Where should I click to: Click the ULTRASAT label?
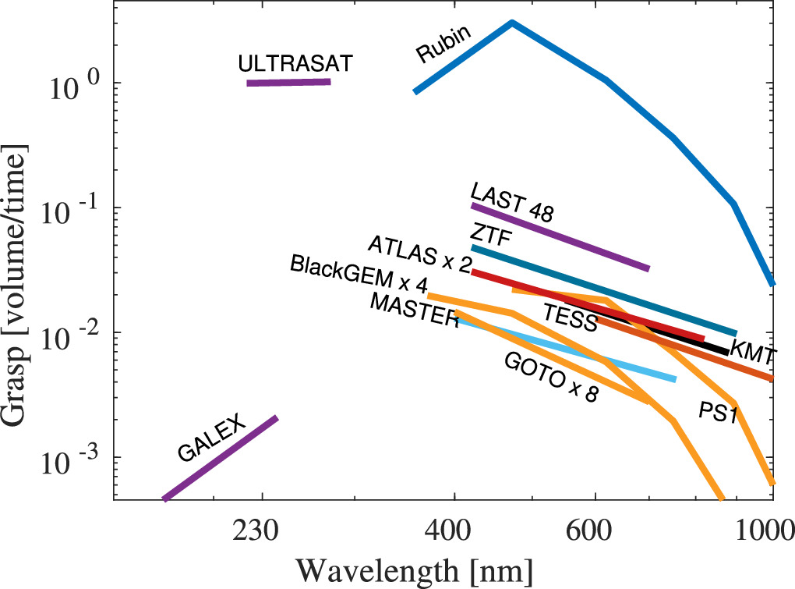click(295, 62)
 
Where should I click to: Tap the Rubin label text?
click(443, 49)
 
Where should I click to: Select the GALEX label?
click(211, 438)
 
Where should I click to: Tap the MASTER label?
click(414, 310)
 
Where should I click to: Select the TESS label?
click(570, 318)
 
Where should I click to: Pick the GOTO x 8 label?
click(551, 377)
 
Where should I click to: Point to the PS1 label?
click(718, 412)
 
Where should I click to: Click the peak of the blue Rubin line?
click(511, 23)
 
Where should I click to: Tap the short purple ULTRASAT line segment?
click(288, 82)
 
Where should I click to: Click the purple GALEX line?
click(220, 458)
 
